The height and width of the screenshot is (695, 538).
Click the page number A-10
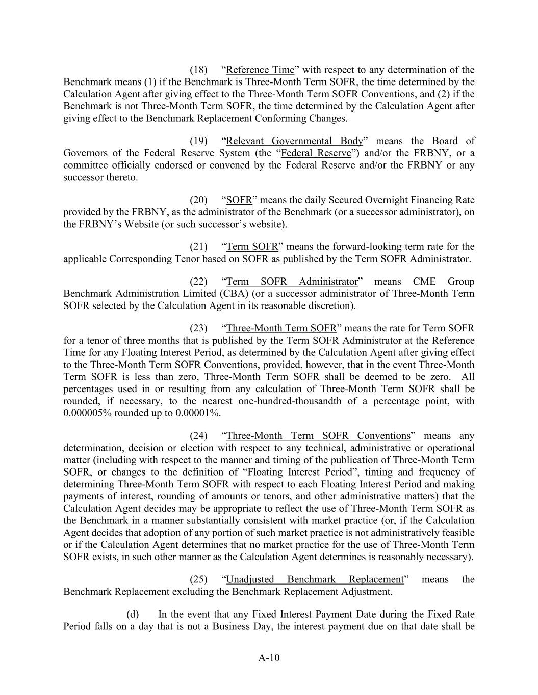tap(269, 658)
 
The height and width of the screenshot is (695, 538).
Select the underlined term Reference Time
tap(260, 70)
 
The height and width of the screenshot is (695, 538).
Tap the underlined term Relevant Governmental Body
tap(294, 141)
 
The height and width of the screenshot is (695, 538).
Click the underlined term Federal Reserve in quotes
tap(316, 153)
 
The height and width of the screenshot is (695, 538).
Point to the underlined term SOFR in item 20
tap(239, 200)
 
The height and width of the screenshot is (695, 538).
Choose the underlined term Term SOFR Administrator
tap(292, 282)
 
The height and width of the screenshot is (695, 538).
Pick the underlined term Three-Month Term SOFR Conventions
tap(318, 436)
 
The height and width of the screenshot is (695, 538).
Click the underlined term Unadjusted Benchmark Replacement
tap(314, 579)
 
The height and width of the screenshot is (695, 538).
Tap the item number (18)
tap(198, 70)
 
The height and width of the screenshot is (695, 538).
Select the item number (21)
tap(198, 247)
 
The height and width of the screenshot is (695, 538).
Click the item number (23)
tap(198, 328)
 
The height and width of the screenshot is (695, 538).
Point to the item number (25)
tap(198, 579)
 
